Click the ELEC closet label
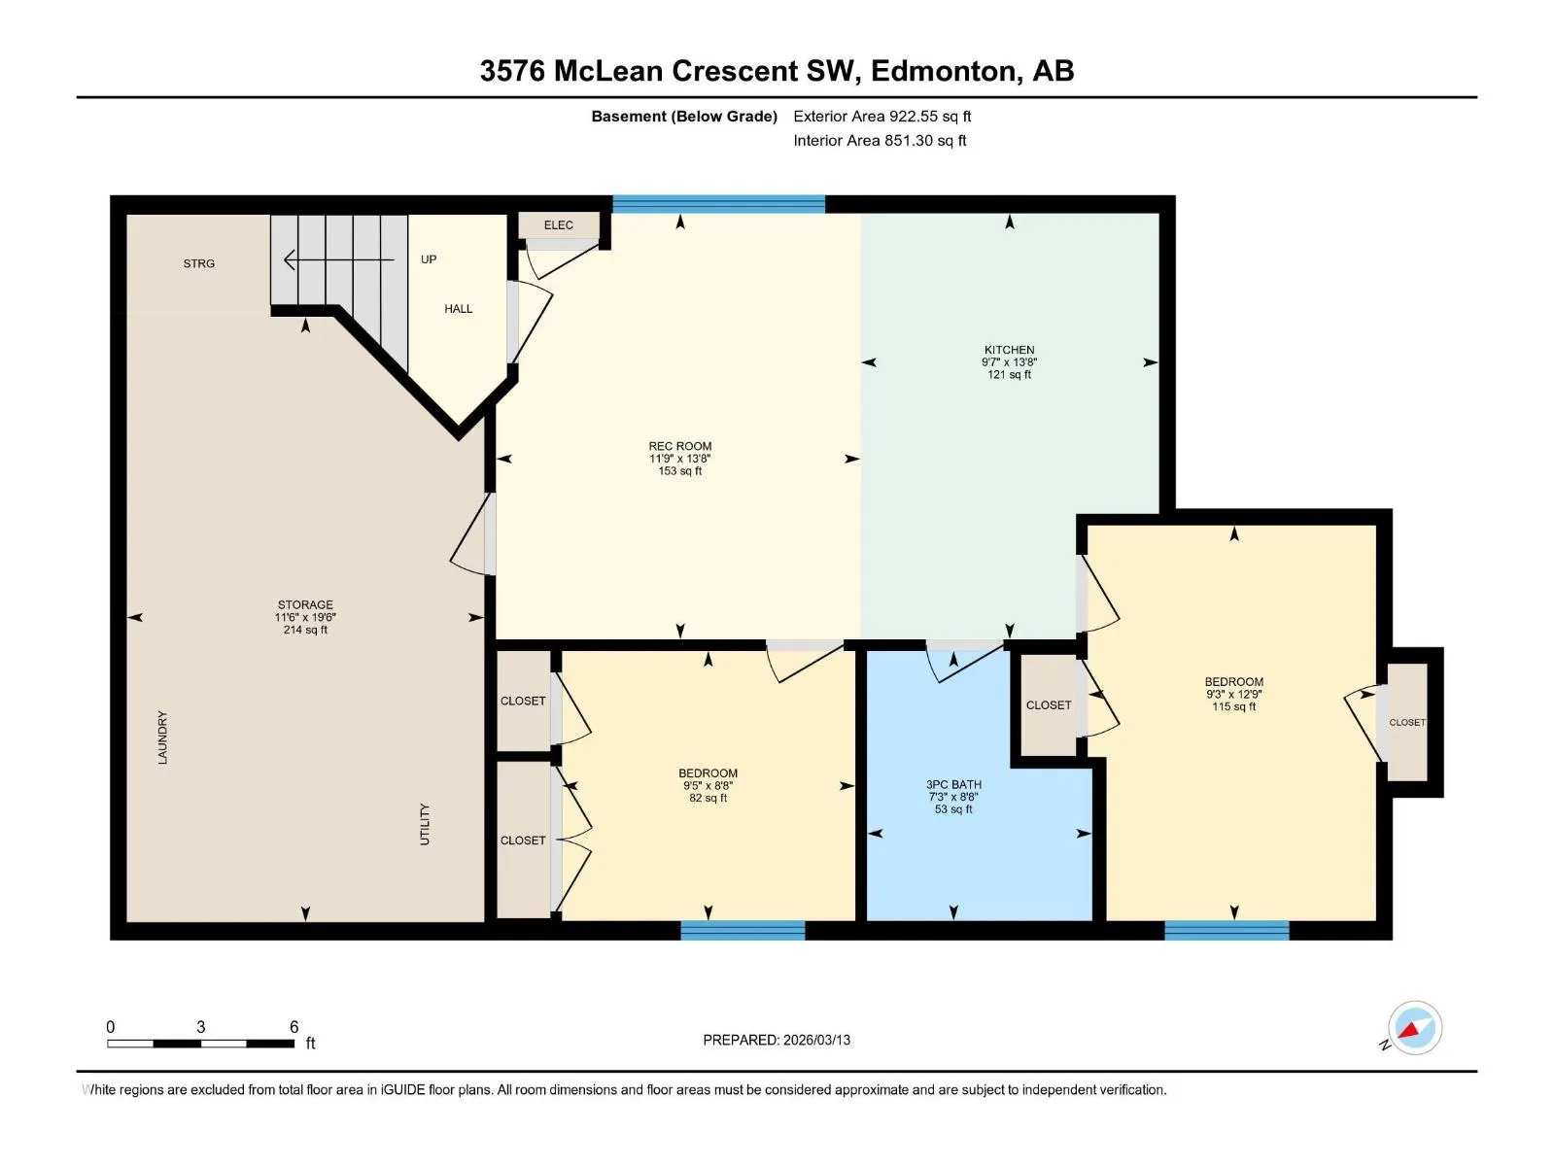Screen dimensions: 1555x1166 558,225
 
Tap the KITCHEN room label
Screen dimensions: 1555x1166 1009,350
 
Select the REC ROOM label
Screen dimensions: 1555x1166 680,446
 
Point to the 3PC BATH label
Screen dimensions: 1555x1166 953,784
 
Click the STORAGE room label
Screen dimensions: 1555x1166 305,604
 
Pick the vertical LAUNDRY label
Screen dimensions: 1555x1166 162,737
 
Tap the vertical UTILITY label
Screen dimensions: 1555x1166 425,824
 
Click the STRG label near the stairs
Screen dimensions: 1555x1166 198,263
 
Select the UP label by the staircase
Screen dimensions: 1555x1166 429,259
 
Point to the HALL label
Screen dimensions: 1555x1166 459,309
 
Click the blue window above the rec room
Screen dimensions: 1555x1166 718,204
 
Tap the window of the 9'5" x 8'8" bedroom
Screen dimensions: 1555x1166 743,930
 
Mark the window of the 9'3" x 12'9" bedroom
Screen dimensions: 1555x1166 1227,930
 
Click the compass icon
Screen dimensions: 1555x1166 1415,1028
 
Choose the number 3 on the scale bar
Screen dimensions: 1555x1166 200,1026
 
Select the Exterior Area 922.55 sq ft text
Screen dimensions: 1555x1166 882,116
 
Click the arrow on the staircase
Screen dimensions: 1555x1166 338,259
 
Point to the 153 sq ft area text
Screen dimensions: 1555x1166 680,471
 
